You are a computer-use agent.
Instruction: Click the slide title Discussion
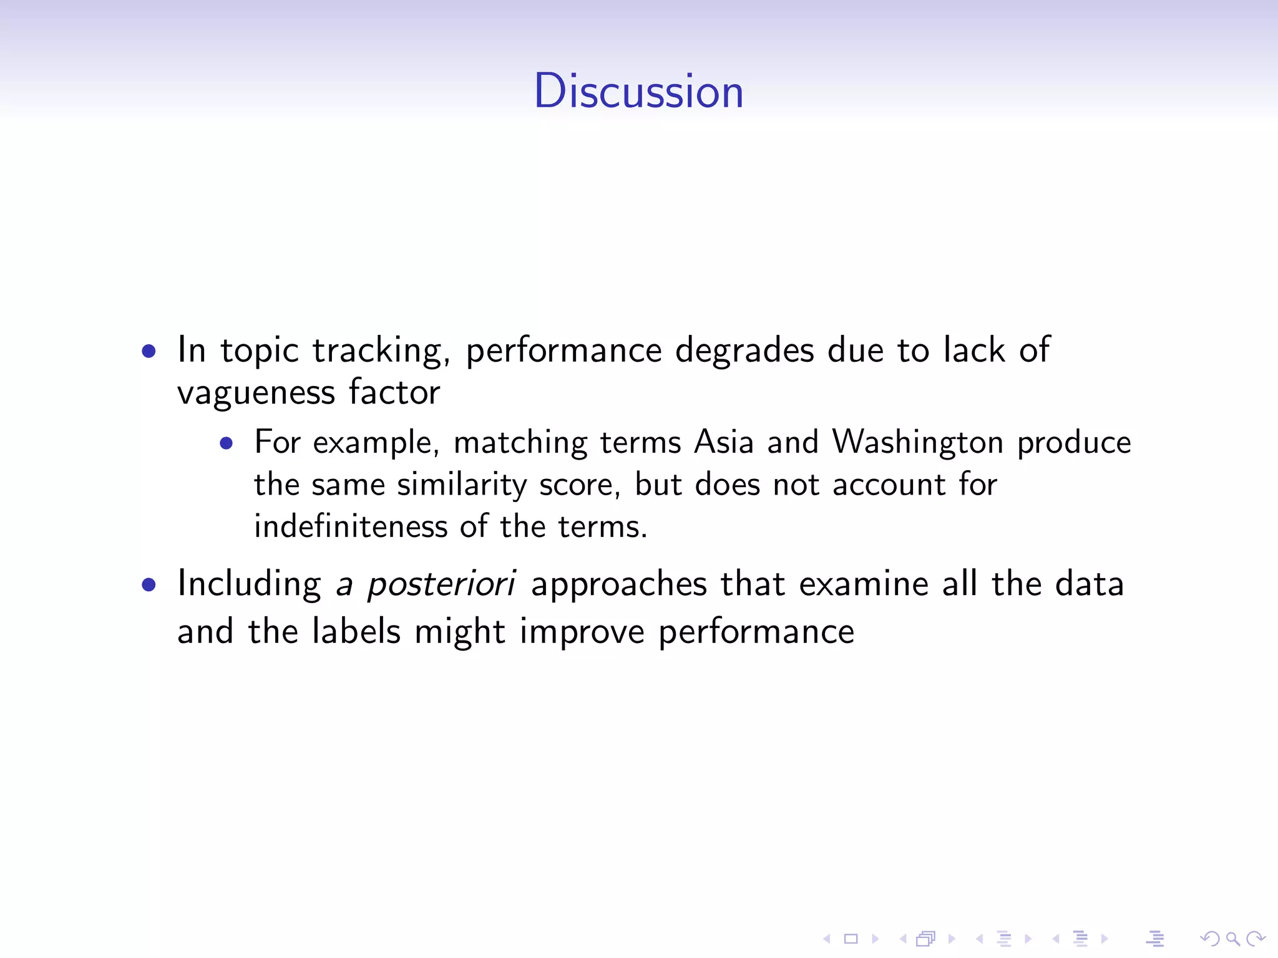point(638,91)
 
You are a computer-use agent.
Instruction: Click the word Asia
point(724,442)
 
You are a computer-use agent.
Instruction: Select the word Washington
point(917,443)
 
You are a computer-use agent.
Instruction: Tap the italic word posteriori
point(441,584)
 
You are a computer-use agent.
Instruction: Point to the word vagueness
point(256,394)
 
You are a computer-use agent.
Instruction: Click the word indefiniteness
point(351,526)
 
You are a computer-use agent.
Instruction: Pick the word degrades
point(744,351)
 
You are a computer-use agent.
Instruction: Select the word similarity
point(462,485)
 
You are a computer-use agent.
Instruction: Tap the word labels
point(356,631)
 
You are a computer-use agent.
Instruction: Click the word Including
point(249,584)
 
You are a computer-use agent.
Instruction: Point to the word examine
point(864,584)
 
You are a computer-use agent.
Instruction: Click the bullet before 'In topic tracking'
point(149,351)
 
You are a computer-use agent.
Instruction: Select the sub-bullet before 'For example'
point(227,443)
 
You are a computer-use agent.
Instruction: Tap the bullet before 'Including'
point(149,585)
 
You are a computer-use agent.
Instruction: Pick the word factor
point(394,392)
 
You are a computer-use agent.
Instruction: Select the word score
point(580,485)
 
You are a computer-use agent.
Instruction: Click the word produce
point(1074,443)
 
